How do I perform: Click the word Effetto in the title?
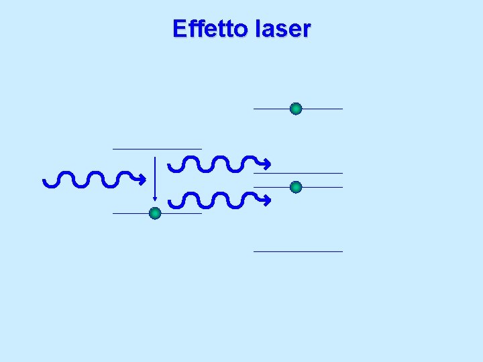209,29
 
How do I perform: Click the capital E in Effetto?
178,29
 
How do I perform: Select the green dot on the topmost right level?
296,109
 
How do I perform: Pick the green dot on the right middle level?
296,187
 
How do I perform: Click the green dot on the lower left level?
155,214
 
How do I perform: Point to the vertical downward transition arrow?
155,178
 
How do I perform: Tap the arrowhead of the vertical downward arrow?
155,197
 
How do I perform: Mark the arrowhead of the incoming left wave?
142,179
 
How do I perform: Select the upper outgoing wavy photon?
215,163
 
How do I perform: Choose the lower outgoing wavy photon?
215,199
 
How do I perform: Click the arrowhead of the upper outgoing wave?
266,163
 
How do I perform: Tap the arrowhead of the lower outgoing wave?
266,199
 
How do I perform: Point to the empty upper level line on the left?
157,148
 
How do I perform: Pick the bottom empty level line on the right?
298,251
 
